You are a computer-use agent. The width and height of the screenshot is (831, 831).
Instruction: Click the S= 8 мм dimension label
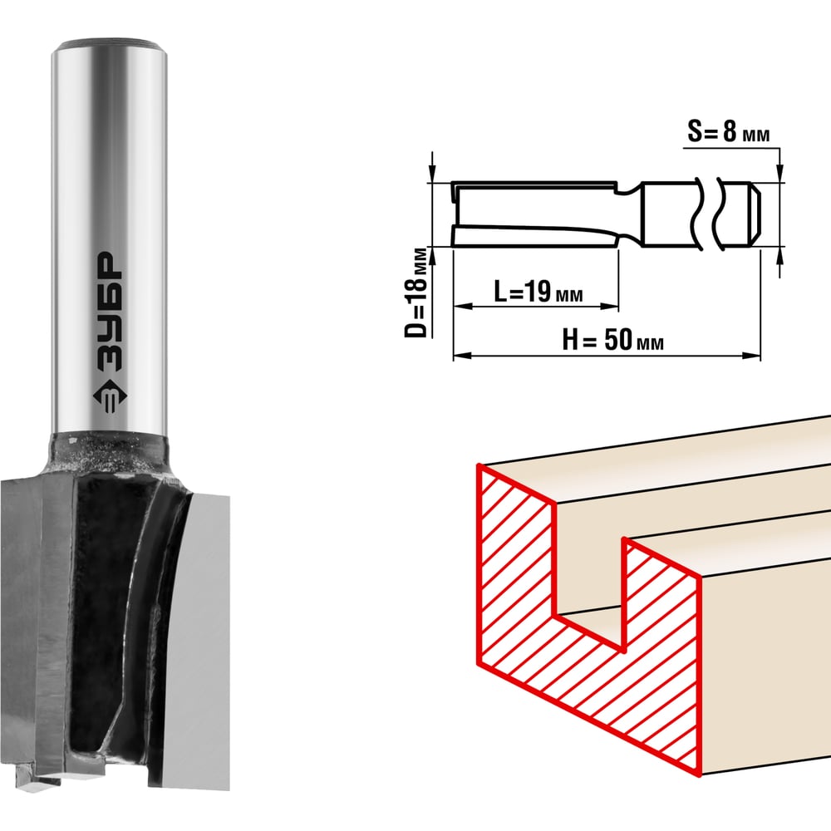728,131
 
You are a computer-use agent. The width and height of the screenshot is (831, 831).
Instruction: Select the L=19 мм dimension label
538,292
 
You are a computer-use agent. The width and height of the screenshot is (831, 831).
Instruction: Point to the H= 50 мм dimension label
612,339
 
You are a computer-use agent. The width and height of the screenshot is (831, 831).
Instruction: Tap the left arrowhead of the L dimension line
463,307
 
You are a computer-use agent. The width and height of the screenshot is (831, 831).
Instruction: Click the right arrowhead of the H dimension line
751,356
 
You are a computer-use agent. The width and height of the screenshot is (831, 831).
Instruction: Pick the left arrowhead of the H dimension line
463,356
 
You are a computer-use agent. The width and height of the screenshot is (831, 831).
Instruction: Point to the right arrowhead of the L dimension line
609,307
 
